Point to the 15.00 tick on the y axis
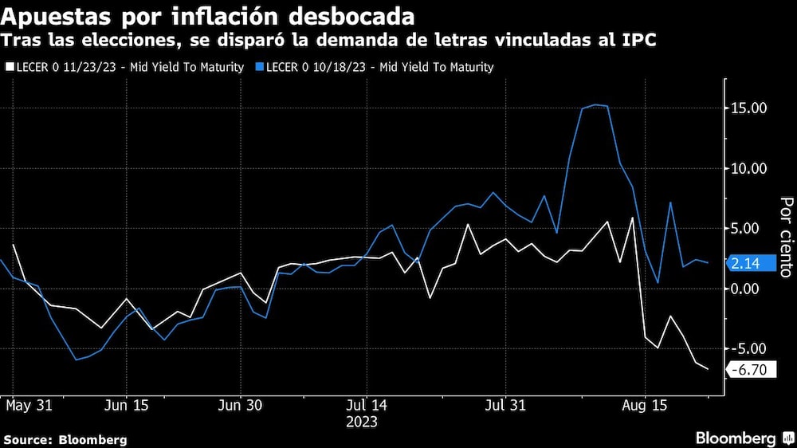point(749,108)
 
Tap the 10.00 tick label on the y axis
point(749,168)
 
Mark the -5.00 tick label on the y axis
point(749,348)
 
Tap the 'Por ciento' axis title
point(786,238)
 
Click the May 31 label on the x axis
point(29,406)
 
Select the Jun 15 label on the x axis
point(126,406)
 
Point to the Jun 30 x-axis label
point(241,406)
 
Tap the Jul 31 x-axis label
point(505,406)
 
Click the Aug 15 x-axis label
point(644,406)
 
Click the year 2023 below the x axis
point(363,422)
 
